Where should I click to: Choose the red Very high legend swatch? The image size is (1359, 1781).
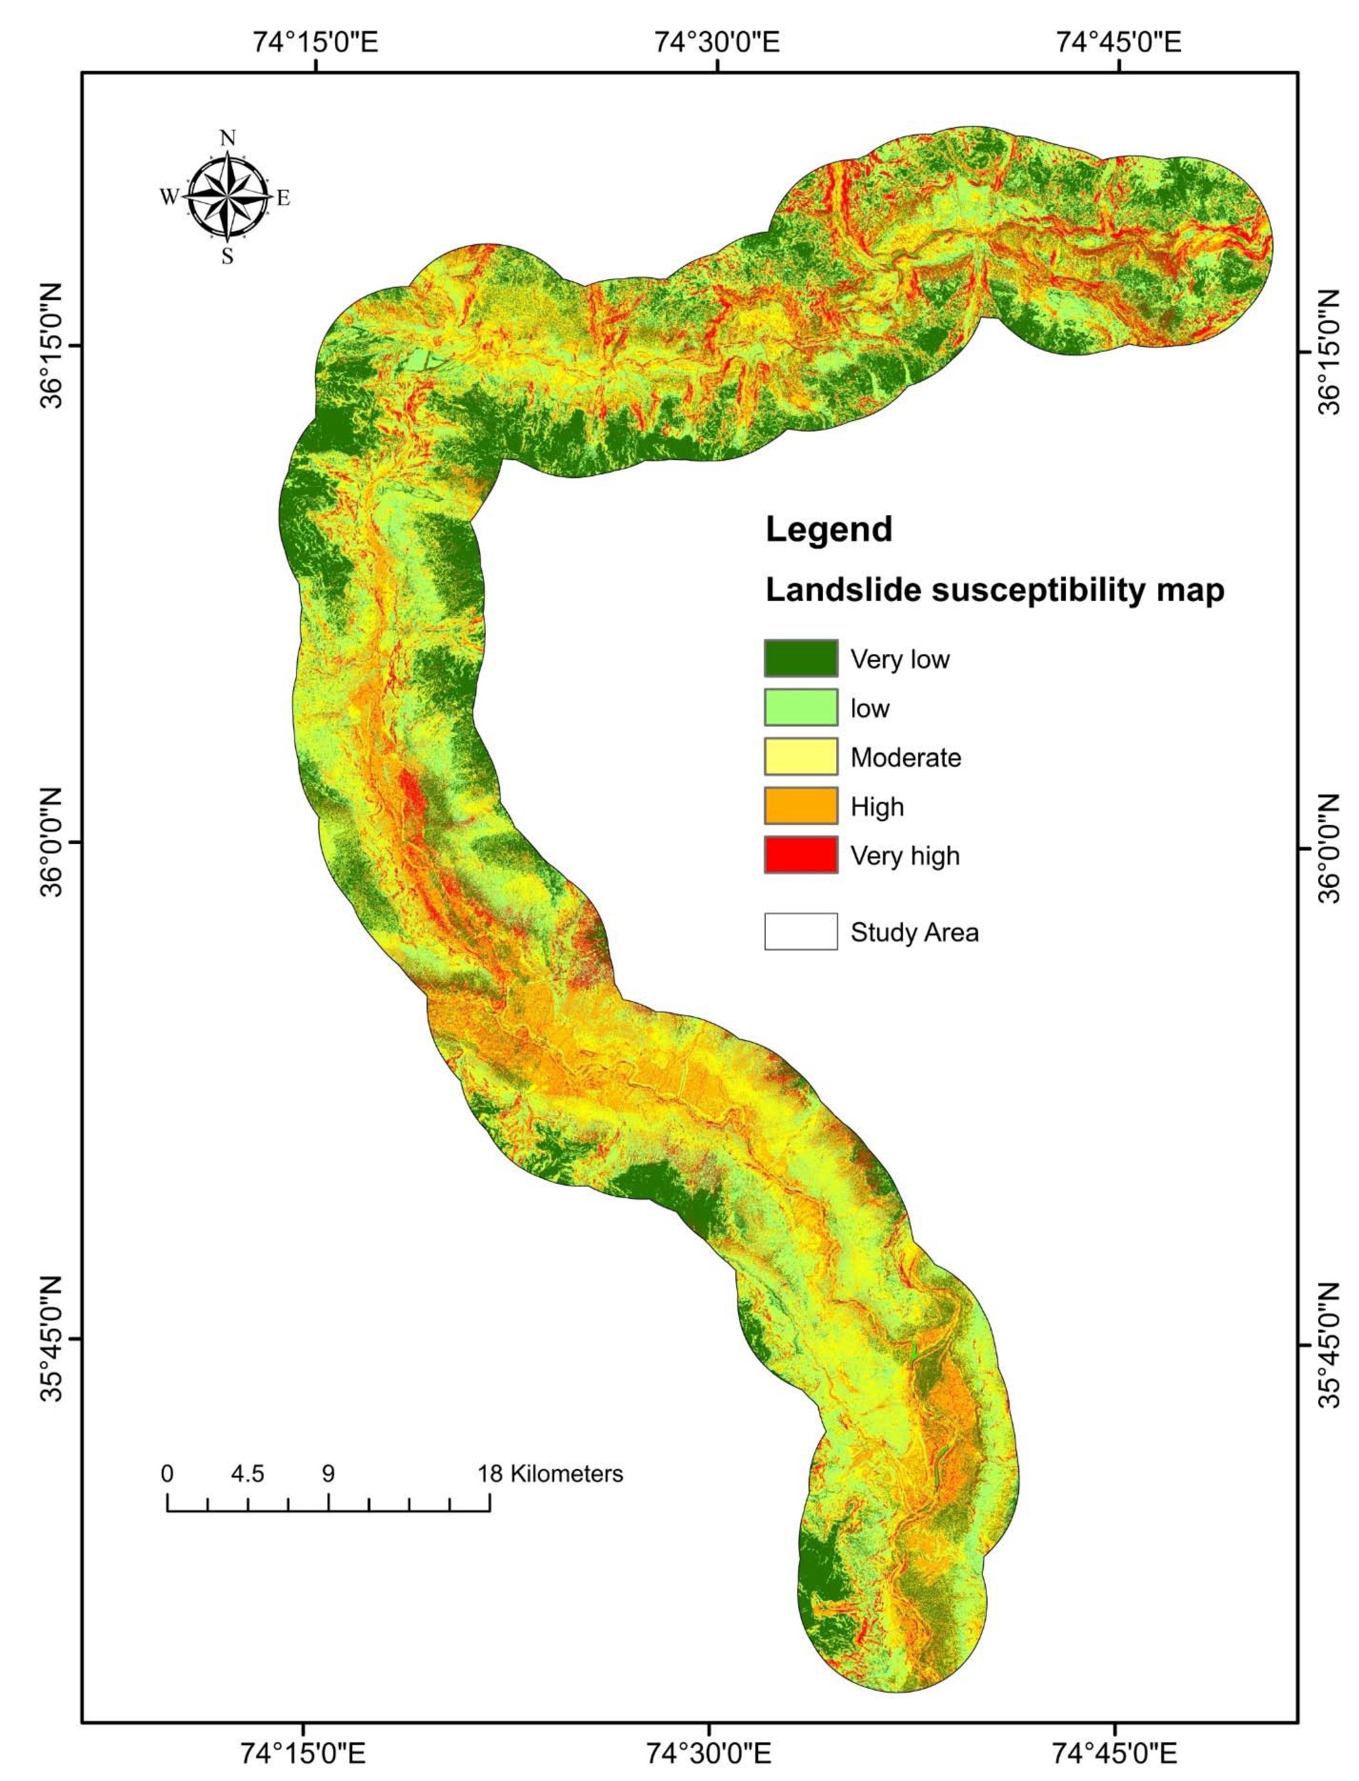pyautogui.click(x=800, y=855)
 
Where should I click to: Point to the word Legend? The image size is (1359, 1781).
pyautogui.click(x=828, y=530)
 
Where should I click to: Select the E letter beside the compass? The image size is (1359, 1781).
pyautogui.click(x=283, y=198)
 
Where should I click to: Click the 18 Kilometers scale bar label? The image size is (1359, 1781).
pyautogui.click(x=550, y=1473)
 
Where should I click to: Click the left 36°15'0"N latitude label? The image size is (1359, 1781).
pyautogui.click(x=50, y=346)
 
